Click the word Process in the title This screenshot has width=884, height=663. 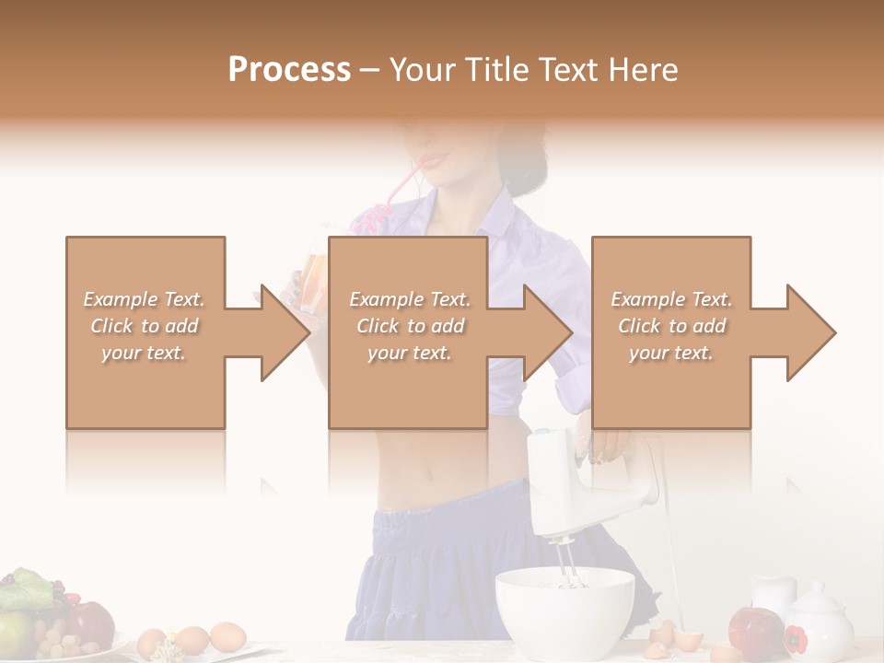coord(289,70)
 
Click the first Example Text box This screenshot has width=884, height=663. coord(145,331)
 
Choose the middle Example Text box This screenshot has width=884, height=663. coord(408,331)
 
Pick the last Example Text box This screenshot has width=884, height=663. coord(670,331)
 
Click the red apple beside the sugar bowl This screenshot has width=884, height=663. coord(755,629)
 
